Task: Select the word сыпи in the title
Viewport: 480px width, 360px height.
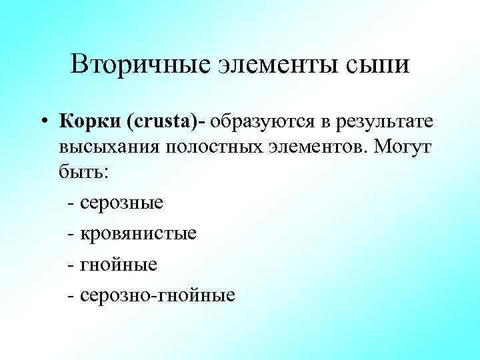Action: pyautogui.click(x=375, y=65)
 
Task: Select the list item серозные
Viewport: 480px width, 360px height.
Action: pyautogui.click(x=121, y=202)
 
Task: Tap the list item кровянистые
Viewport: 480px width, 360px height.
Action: pyautogui.click(x=137, y=233)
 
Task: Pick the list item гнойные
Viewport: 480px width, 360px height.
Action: pyautogui.click(x=118, y=264)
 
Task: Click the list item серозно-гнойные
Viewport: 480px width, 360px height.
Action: pyautogui.click(x=156, y=295)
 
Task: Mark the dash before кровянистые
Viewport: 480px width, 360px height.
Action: pyautogui.click(x=71, y=233)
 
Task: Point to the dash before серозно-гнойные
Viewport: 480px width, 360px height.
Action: pyautogui.click(x=71, y=295)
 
